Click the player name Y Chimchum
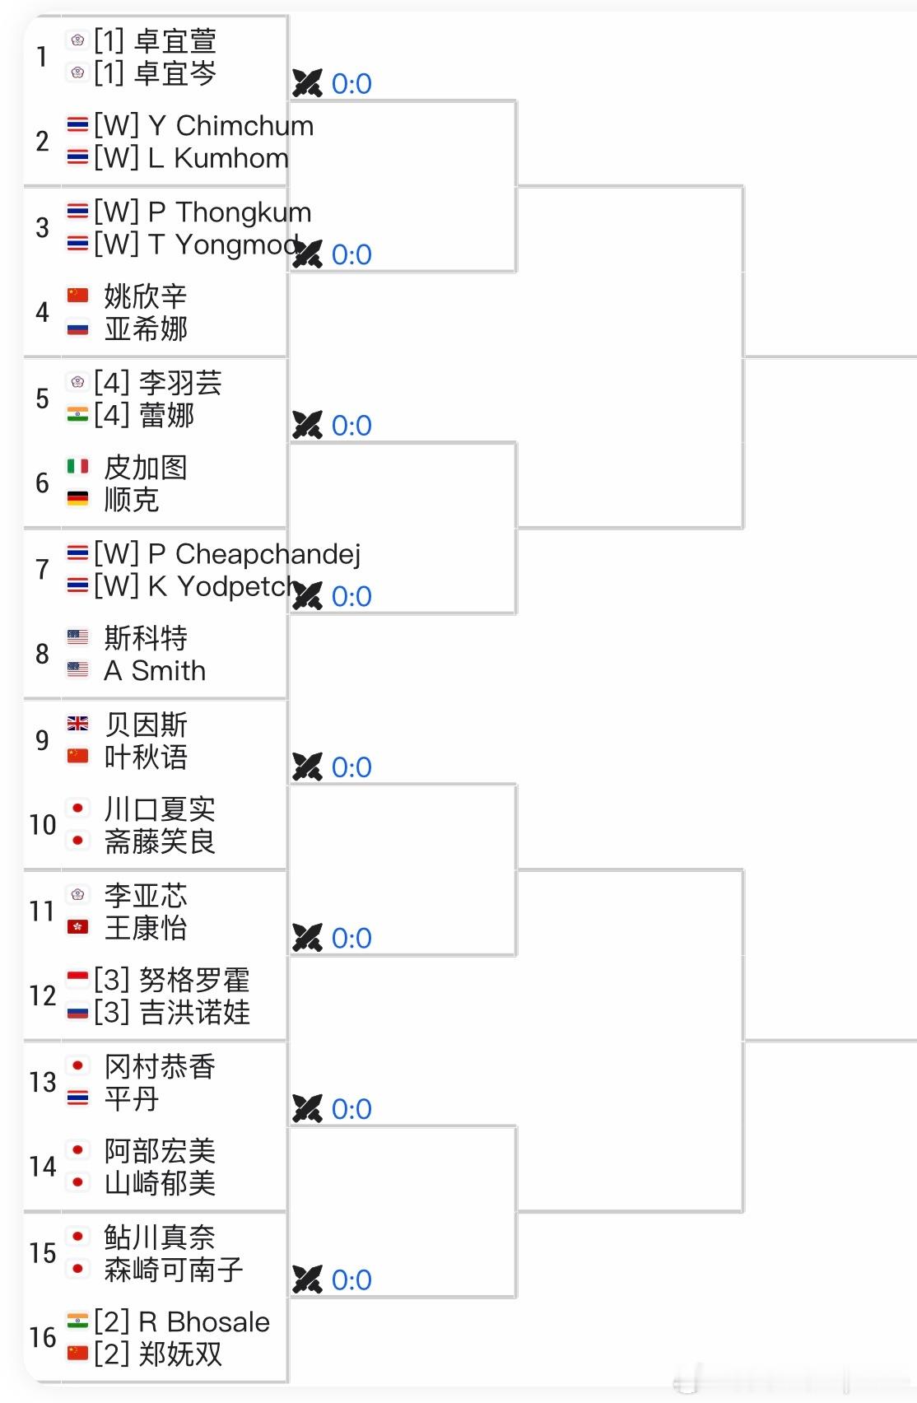230,126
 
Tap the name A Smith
155,671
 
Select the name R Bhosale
204,1322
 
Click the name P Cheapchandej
254,554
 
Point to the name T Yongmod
222,245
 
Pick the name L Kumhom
218,158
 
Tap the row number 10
43,825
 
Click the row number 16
43,1338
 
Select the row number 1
42,57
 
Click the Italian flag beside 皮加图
77,467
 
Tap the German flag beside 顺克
77,499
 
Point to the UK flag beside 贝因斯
77,724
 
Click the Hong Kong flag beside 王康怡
77,927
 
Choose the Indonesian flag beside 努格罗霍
77,979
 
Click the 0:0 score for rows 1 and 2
351,84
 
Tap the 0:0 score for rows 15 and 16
351,1280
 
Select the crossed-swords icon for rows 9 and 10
307,767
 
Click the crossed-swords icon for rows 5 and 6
307,426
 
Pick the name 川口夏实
160,809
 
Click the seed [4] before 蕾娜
111,415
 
